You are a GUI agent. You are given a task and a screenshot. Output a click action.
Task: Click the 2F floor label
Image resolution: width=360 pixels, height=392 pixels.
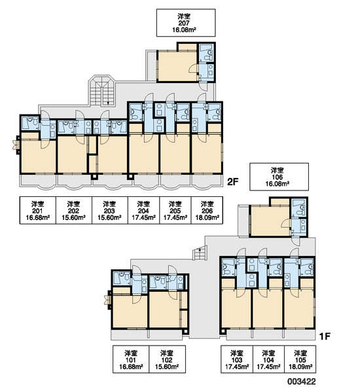232,182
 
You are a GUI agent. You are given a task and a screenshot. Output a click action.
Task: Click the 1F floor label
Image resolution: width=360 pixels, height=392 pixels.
325,336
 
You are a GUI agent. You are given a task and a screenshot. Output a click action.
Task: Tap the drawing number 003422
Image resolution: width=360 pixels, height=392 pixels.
301,382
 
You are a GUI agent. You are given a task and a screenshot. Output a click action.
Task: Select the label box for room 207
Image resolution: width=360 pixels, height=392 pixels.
186,23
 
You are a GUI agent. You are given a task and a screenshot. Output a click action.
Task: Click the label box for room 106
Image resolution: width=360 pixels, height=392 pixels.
279,177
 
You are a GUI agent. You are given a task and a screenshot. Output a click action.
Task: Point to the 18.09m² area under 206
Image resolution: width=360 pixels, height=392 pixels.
207,217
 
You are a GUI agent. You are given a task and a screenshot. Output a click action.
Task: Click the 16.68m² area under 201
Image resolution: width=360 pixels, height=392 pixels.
38,217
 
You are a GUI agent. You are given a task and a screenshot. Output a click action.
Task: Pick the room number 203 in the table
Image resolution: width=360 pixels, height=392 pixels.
109,211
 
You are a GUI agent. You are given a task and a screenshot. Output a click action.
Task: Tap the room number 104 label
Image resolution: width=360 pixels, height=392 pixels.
268,360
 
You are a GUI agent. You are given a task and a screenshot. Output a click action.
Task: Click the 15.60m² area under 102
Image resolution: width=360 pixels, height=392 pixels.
167,366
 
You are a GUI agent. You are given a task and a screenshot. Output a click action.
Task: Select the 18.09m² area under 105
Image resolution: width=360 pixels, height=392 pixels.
300,366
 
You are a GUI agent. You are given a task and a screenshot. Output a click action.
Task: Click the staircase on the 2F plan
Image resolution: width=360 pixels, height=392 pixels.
101,91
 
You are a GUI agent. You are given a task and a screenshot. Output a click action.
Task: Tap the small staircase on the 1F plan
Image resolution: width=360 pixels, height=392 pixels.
200,253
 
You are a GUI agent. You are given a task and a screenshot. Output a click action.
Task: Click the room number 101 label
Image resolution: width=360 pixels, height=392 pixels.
131,360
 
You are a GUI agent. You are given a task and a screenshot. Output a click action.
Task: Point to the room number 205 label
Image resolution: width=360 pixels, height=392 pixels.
175,211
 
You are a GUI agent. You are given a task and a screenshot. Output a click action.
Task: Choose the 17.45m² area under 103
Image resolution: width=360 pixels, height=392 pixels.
237,366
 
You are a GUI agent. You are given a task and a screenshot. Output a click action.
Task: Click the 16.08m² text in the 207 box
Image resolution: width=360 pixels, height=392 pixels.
184,30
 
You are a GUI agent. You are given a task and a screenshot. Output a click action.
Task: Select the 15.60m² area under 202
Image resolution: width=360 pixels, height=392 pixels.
74,217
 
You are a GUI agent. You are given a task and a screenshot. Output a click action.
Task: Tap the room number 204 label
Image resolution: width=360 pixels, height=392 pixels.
143,211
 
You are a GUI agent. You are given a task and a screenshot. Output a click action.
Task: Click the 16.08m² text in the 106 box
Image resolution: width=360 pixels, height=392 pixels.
278,184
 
